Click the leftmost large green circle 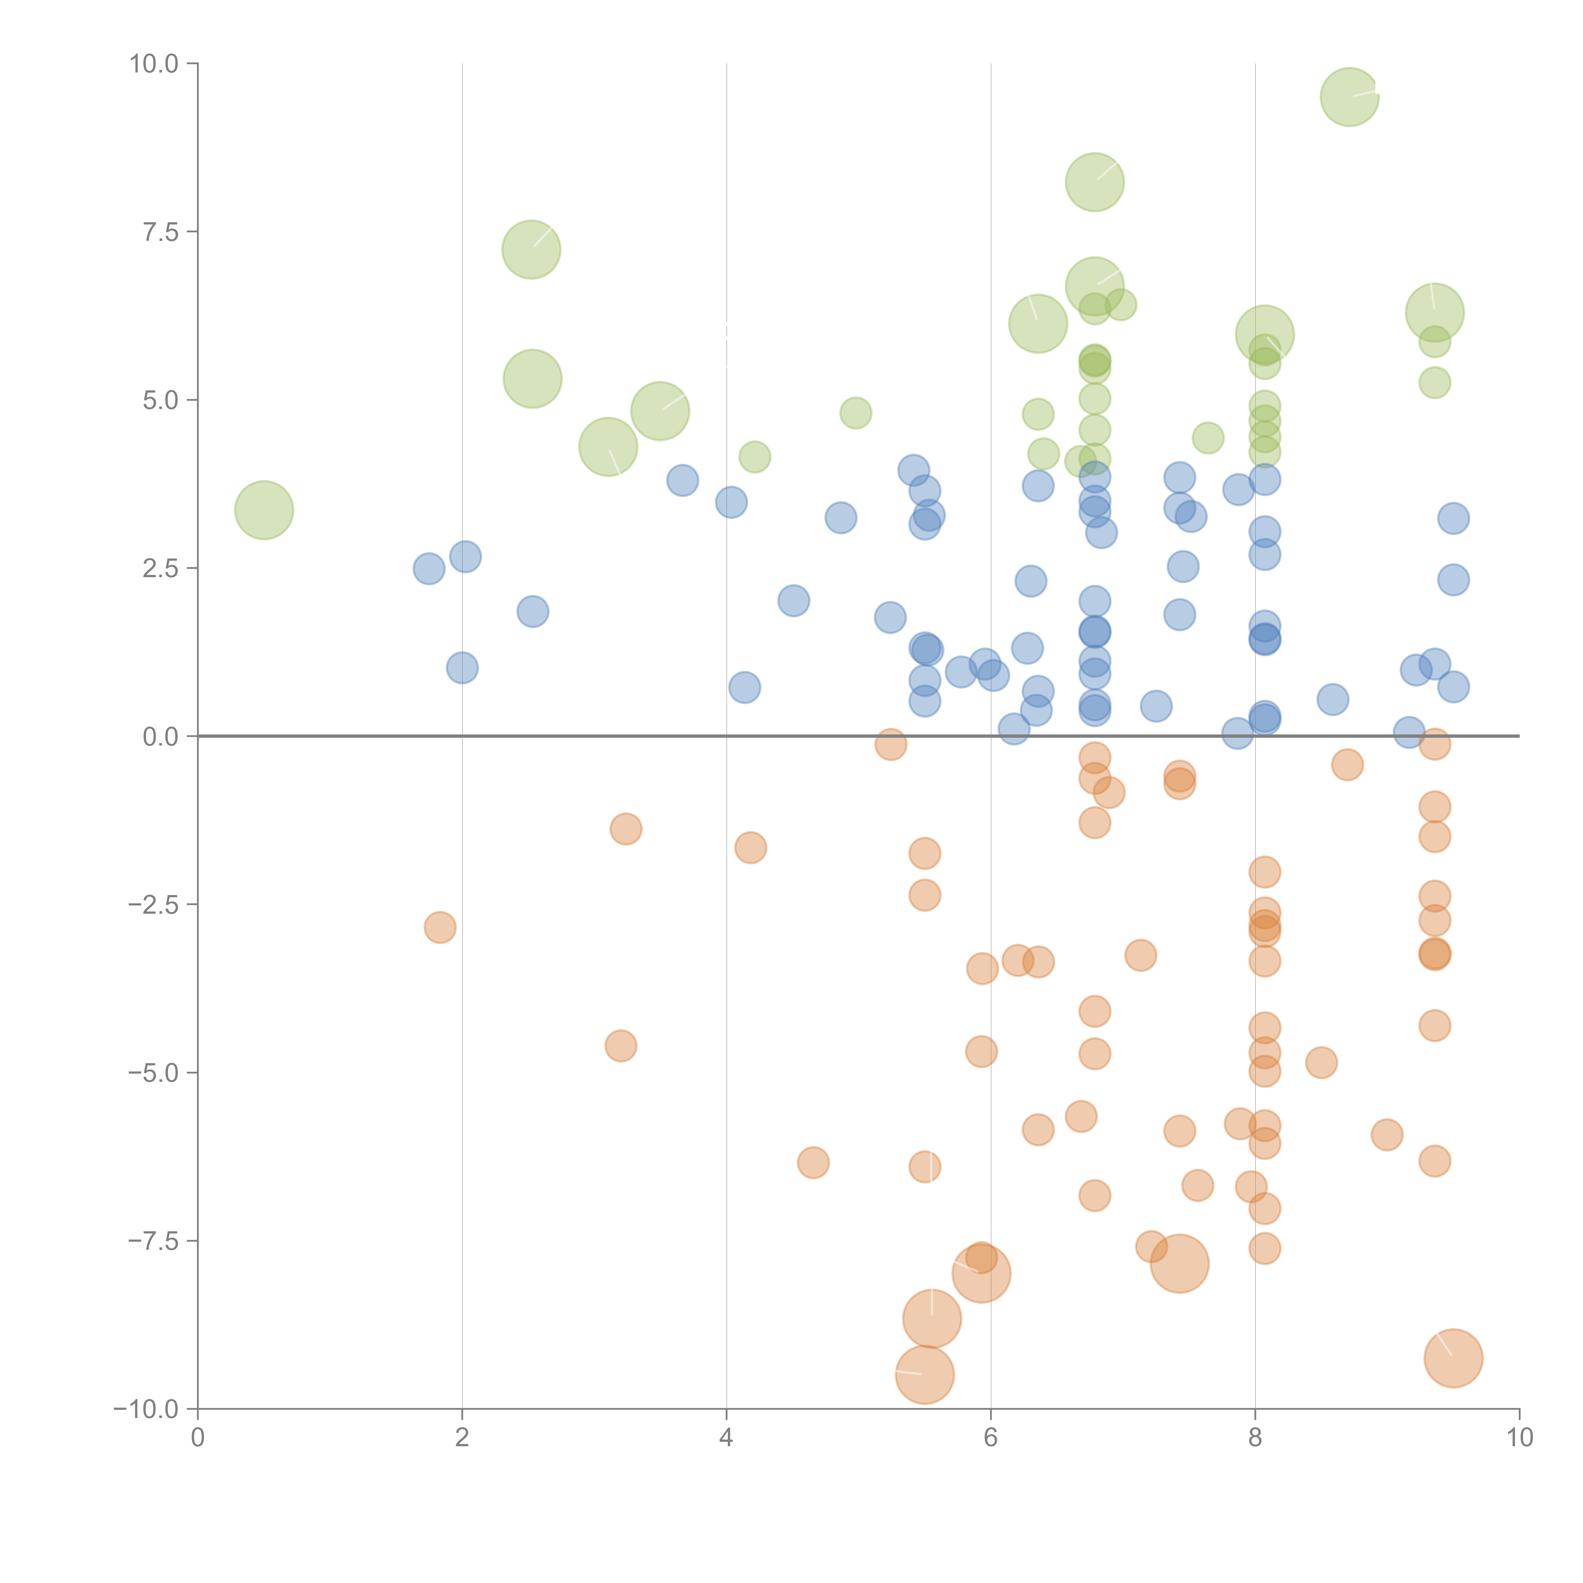[264, 510]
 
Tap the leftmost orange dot [440, 928]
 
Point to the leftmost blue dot [429, 569]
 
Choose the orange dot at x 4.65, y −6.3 [813, 1162]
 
